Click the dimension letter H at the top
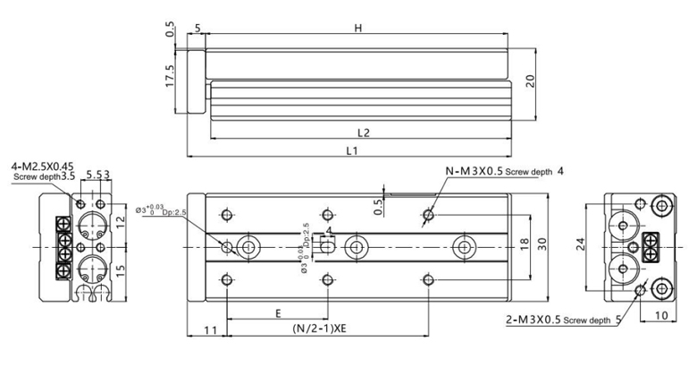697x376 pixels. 357,28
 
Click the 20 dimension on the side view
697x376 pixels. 530,81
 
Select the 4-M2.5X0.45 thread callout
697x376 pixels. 42,167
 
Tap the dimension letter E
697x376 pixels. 279,313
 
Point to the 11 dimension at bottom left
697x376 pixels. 210,330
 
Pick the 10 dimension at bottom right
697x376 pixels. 662,316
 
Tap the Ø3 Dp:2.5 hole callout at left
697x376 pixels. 161,211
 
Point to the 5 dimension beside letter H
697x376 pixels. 197,27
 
